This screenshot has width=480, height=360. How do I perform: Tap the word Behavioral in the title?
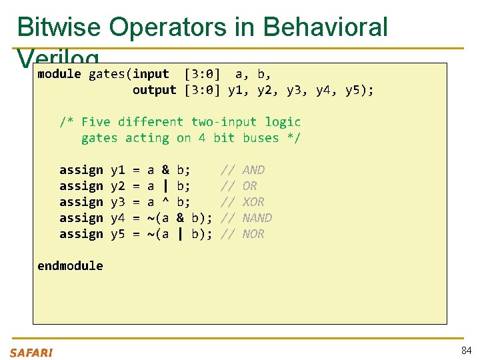(325, 27)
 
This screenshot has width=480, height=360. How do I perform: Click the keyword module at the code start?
(59, 74)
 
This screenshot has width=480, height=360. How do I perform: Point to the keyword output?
(155, 90)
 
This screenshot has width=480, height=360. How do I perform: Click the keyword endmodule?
(70, 266)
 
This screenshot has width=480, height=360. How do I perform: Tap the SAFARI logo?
(31, 353)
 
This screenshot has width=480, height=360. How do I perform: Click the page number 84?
(465, 351)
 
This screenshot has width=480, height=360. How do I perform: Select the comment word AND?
(253, 170)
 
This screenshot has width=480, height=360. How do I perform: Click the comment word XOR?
(253, 202)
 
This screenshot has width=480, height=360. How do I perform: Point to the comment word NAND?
(257, 218)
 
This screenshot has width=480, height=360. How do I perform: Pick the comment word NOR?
(253, 234)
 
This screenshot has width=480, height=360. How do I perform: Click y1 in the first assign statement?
(118, 170)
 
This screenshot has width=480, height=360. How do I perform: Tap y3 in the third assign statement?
(118, 202)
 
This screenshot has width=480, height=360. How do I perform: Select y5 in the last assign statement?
(118, 234)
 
